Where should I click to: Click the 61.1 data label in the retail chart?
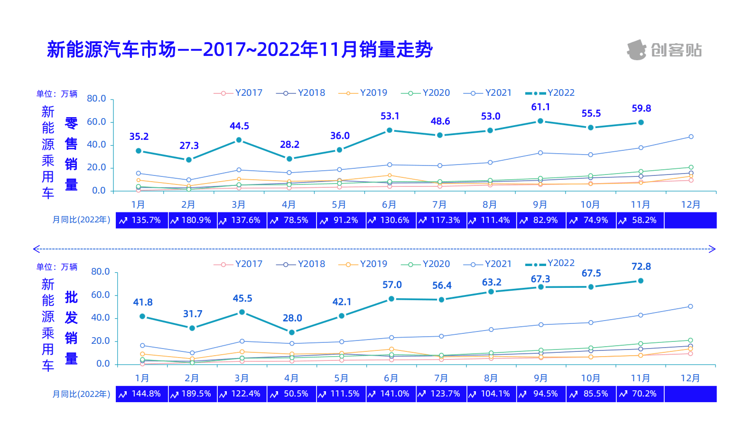tap(540, 107)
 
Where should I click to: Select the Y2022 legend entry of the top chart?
tap(550, 93)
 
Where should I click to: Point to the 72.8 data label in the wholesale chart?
tap(641, 267)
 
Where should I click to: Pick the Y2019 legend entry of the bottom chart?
tap(363, 264)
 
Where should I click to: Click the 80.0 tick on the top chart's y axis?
tap(96, 99)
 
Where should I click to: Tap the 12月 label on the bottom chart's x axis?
tap(690, 378)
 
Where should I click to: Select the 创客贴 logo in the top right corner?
tap(664, 50)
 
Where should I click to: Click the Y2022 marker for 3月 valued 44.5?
tap(239, 140)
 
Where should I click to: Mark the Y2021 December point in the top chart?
tap(691, 137)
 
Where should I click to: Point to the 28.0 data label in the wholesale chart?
tap(292, 318)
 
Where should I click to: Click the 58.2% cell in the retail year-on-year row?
tap(640, 221)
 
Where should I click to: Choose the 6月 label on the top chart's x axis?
tap(389, 205)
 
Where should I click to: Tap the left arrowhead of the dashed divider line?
tap(36, 249)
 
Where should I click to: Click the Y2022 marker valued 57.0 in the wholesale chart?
tap(391, 299)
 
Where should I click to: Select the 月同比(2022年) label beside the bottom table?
tap(81, 394)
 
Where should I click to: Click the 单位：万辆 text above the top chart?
tap(57, 94)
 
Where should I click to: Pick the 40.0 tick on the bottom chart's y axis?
tap(101, 318)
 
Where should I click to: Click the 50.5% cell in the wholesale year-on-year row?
tap(292, 394)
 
